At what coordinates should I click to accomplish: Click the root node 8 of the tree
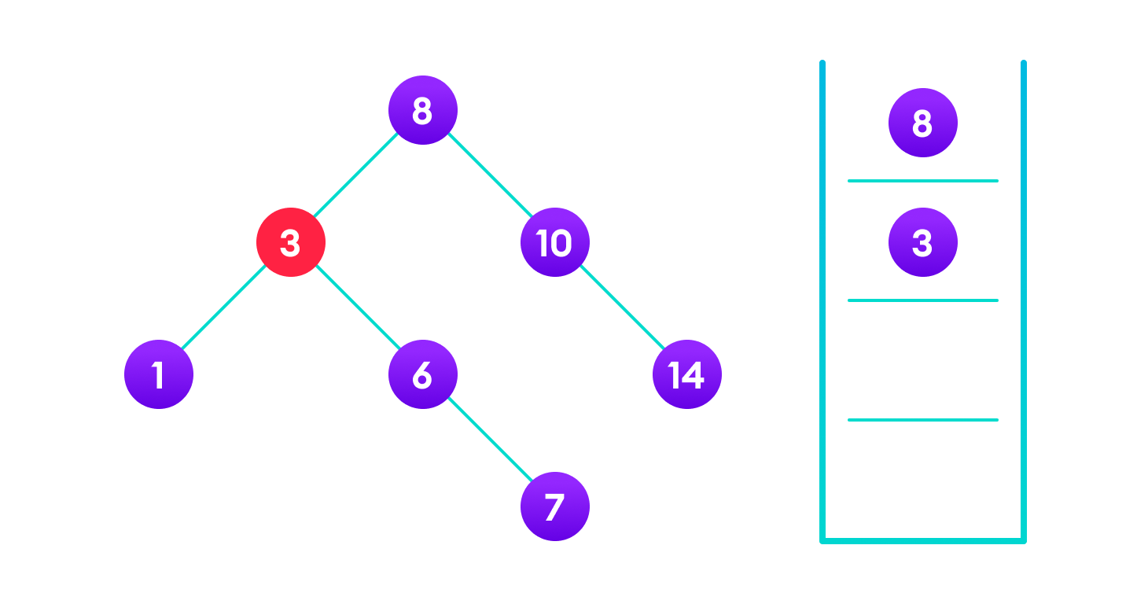point(422,110)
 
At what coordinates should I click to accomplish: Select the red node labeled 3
point(291,242)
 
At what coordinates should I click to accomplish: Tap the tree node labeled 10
point(554,242)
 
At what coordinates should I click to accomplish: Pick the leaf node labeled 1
point(159,374)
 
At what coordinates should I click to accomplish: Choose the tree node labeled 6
point(422,374)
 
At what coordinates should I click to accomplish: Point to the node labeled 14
point(686,374)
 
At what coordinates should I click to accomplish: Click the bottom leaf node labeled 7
point(554,506)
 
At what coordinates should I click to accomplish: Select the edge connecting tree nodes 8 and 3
point(356,176)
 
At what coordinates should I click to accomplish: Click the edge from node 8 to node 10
point(488,176)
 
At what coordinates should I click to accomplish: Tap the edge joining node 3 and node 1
point(225,308)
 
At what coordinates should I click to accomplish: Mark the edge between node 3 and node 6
point(356,308)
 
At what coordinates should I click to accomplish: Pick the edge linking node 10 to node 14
point(620,308)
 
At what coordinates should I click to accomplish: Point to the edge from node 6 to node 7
point(488,440)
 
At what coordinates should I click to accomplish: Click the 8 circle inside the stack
point(922,123)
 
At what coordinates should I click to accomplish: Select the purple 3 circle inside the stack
point(922,242)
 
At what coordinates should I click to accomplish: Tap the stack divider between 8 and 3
point(922,181)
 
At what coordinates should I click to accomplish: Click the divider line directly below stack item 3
point(922,300)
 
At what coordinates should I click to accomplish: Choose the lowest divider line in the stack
point(922,420)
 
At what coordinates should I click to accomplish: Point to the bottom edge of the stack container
point(922,540)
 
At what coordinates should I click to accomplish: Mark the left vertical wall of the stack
point(822,299)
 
